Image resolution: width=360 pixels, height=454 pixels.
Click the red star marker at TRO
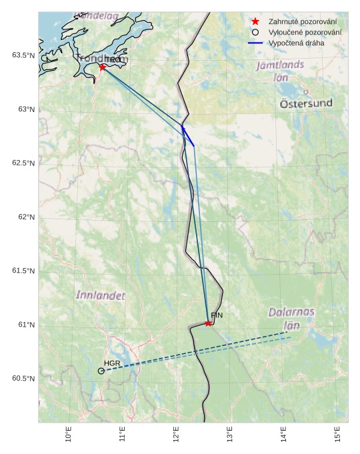pyautogui.click(x=103, y=67)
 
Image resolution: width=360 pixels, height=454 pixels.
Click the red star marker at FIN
pyautogui.click(x=209, y=323)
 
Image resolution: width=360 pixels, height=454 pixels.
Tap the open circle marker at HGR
pyautogui.click(x=101, y=371)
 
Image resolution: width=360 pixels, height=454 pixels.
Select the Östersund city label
pyautogui.click(x=306, y=103)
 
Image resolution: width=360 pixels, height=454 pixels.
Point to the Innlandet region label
pyautogui.click(x=100, y=295)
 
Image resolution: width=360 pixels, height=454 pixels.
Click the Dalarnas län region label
pyautogui.click(x=291, y=318)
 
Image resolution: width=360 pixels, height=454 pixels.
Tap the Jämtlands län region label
pyautogui.click(x=281, y=71)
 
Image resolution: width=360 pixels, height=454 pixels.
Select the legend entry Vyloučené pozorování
pyautogui.click(x=305, y=32)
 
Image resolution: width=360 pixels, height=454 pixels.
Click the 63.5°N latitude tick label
pyautogui.click(x=23, y=55)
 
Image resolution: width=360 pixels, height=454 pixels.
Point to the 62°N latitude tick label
pyautogui.click(x=25, y=217)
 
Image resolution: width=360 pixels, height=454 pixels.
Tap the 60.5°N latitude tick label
pyautogui.click(x=23, y=379)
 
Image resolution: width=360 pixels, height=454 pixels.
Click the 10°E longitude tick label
pyautogui.click(x=69, y=435)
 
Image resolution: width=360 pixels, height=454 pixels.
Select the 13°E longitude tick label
pyautogui.click(x=230, y=435)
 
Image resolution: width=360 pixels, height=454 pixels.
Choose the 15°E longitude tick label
pyautogui.click(x=337, y=435)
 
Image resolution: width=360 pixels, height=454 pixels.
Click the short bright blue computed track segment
pyautogui.click(x=187, y=135)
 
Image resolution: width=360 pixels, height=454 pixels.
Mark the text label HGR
pyautogui.click(x=111, y=363)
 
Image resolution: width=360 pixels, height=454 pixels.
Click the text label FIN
pyautogui.click(x=217, y=315)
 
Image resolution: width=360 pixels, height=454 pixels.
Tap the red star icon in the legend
pyautogui.click(x=255, y=21)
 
